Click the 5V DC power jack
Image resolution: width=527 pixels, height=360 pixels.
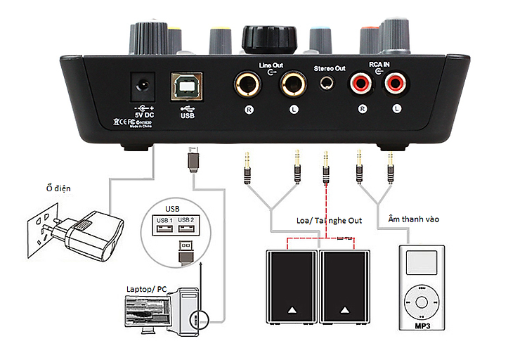[x=143, y=87]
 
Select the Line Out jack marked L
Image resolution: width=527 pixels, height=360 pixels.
[x=294, y=86]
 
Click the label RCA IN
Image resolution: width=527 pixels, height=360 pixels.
[x=379, y=63]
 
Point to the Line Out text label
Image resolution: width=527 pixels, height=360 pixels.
[x=271, y=65]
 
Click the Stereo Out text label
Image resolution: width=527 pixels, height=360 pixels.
[x=329, y=68]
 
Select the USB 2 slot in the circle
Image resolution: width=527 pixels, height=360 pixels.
[x=186, y=224]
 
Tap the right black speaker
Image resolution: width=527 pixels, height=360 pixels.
[x=344, y=285]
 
